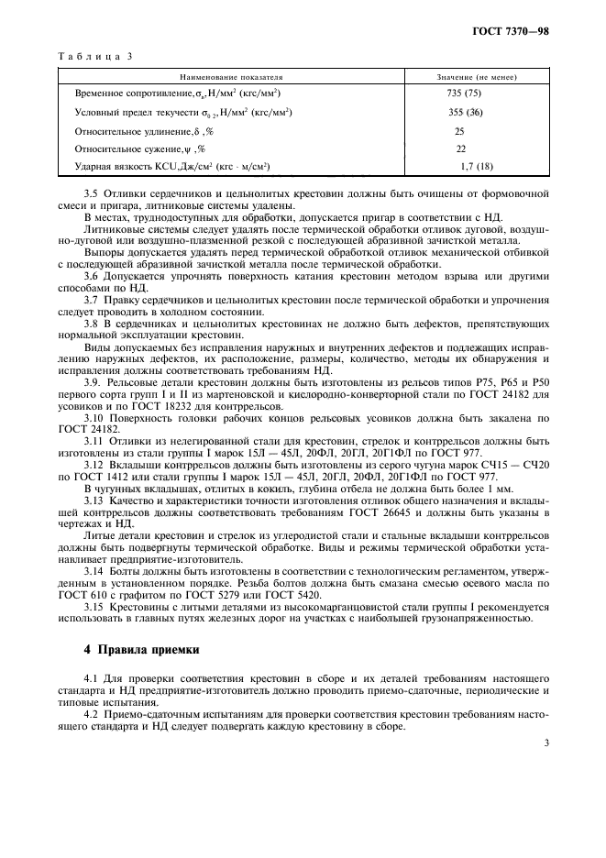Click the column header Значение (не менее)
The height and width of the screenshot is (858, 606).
click(x=475, y=78)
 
